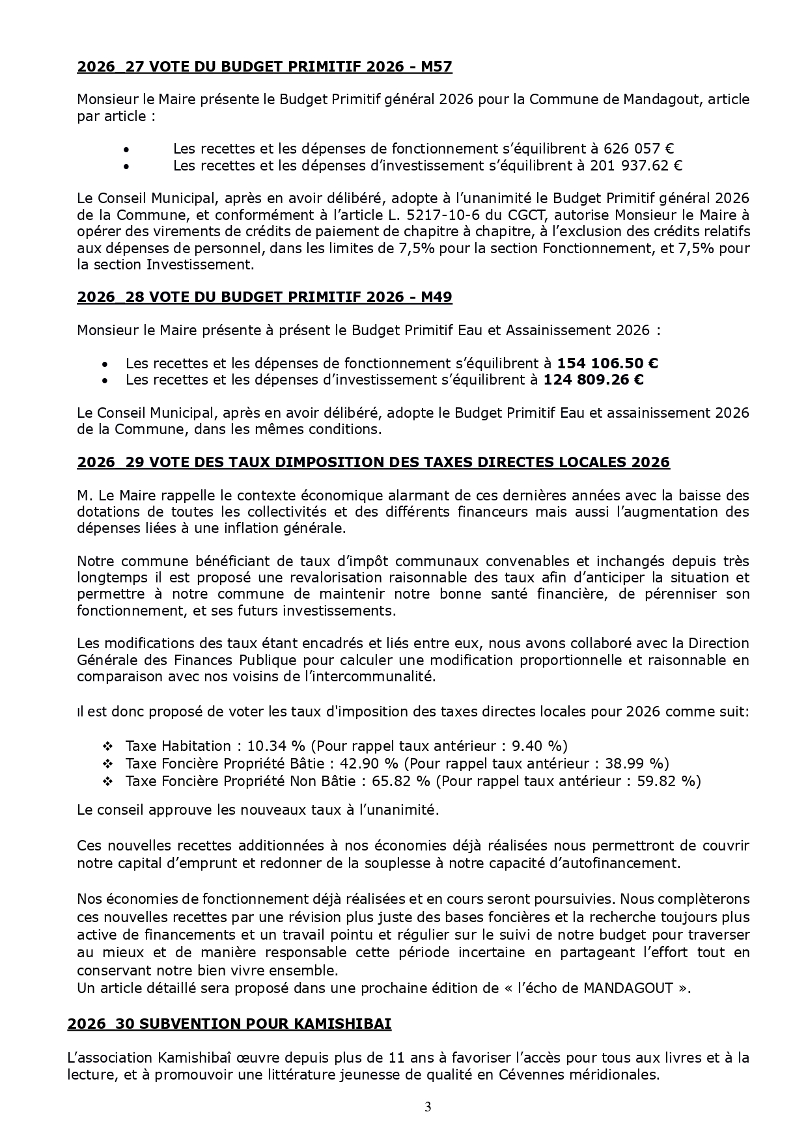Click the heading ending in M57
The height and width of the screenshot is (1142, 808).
point(264,66)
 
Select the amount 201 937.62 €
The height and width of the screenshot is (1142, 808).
point(636,165)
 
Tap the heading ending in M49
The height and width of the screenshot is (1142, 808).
point(264,297)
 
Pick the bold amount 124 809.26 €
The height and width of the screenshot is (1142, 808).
point(593,379)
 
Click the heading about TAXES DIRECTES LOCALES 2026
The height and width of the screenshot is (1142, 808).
point(373,462)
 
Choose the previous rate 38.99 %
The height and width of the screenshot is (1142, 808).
point(636,763)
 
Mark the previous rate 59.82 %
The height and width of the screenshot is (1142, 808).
point(667,780)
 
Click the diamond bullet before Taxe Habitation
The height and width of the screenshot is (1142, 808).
point(108,746)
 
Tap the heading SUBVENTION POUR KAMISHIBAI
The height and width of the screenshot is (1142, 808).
point(229,1024)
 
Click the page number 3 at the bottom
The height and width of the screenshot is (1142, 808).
point(428,1106)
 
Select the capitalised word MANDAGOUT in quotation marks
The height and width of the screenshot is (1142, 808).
point(628,988)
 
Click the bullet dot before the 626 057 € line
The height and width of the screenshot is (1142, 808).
point(126,149)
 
